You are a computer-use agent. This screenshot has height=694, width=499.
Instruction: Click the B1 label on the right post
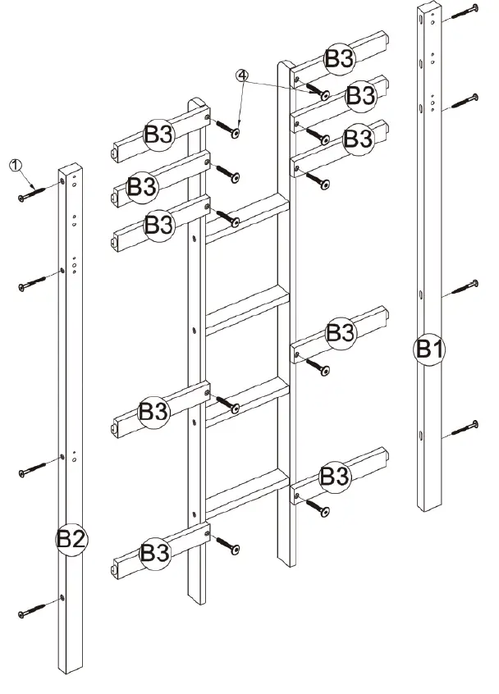click(428, 348)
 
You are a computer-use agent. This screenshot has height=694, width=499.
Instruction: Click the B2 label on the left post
click(71, 539)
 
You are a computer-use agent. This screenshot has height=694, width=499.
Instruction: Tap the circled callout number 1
click(15, 165)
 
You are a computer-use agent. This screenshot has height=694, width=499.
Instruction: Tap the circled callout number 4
click(241, 75)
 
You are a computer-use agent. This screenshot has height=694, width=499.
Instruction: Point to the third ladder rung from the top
click(246, 400)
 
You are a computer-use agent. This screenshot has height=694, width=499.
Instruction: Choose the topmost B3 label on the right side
click(339, 58)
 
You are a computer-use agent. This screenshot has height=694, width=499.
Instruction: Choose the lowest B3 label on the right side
click(334, 476)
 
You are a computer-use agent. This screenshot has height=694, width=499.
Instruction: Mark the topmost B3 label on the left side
click(158, 135)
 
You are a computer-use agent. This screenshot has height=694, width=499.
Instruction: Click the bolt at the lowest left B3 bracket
click(228, 546)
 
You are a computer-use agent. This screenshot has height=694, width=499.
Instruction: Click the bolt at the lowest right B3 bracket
click(321, 509)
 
